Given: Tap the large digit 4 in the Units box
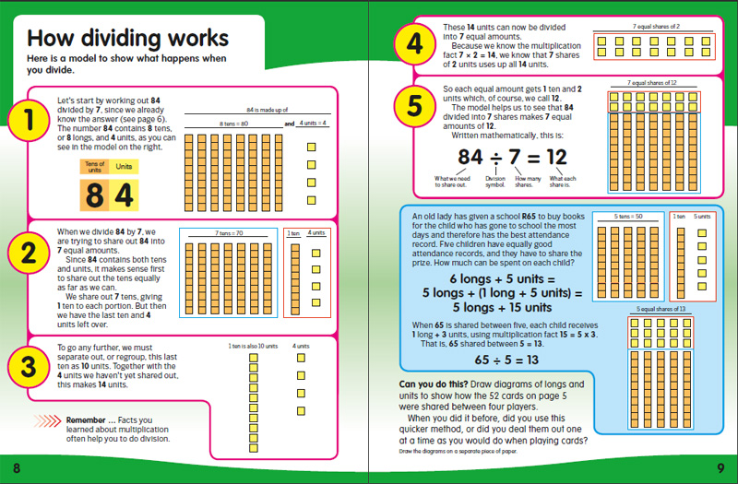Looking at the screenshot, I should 125,195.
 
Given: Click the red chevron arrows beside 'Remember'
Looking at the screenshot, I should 46,420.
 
